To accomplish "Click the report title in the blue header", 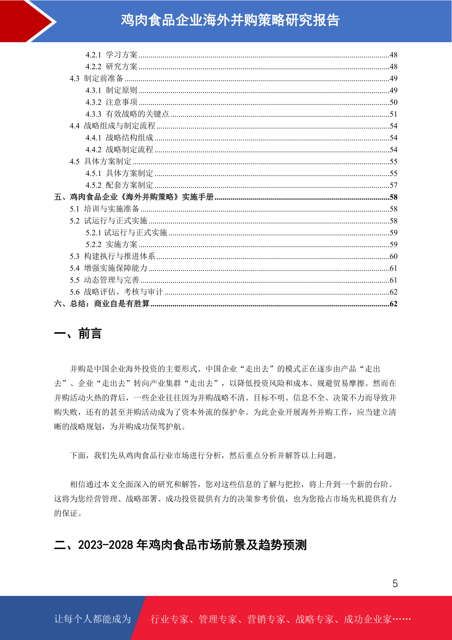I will pyautogui.click(x=230, y=20).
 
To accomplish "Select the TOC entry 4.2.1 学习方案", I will pyautogui.click(x=112, y=55).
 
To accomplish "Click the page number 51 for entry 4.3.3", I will pyautogui.click(x=393, y=114).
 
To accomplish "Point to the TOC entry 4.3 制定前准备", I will pyautogui.click(x=96, y=78).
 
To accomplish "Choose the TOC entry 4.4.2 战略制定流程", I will pyautogui.click(x=120, y=149).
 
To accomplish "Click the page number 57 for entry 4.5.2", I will pyautogui.click(x=393, y=185).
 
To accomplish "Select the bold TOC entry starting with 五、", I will pyautogui.click(x=134, y=197).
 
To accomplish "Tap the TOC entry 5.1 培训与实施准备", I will pyautogui.click(x=104, y=209).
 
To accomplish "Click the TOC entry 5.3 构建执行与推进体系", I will pyautogui.click(x=112, y=256).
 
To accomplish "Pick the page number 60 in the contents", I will pyautogui.click(x=393, y=256).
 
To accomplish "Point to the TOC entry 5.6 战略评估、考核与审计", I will pyautogui.click(x=116, y=292).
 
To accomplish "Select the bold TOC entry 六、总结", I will pyautogui.click(x=102, y=304).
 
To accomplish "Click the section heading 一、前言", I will pyautogui.click(x=78, y=334).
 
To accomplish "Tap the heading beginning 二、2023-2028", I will pyautogui.click(x=180, y=545).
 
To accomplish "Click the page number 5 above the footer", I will pyautogui.click(x=395, y=583).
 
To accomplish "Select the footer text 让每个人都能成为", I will pyautogui.click(x=93, y=619).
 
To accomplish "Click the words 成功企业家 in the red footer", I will pyautogui.click(x=367, y=619).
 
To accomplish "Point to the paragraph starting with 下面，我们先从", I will pyautogui.click(x=204, y=455).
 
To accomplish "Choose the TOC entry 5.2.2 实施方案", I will pyautogui.click(x=112, y=244).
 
